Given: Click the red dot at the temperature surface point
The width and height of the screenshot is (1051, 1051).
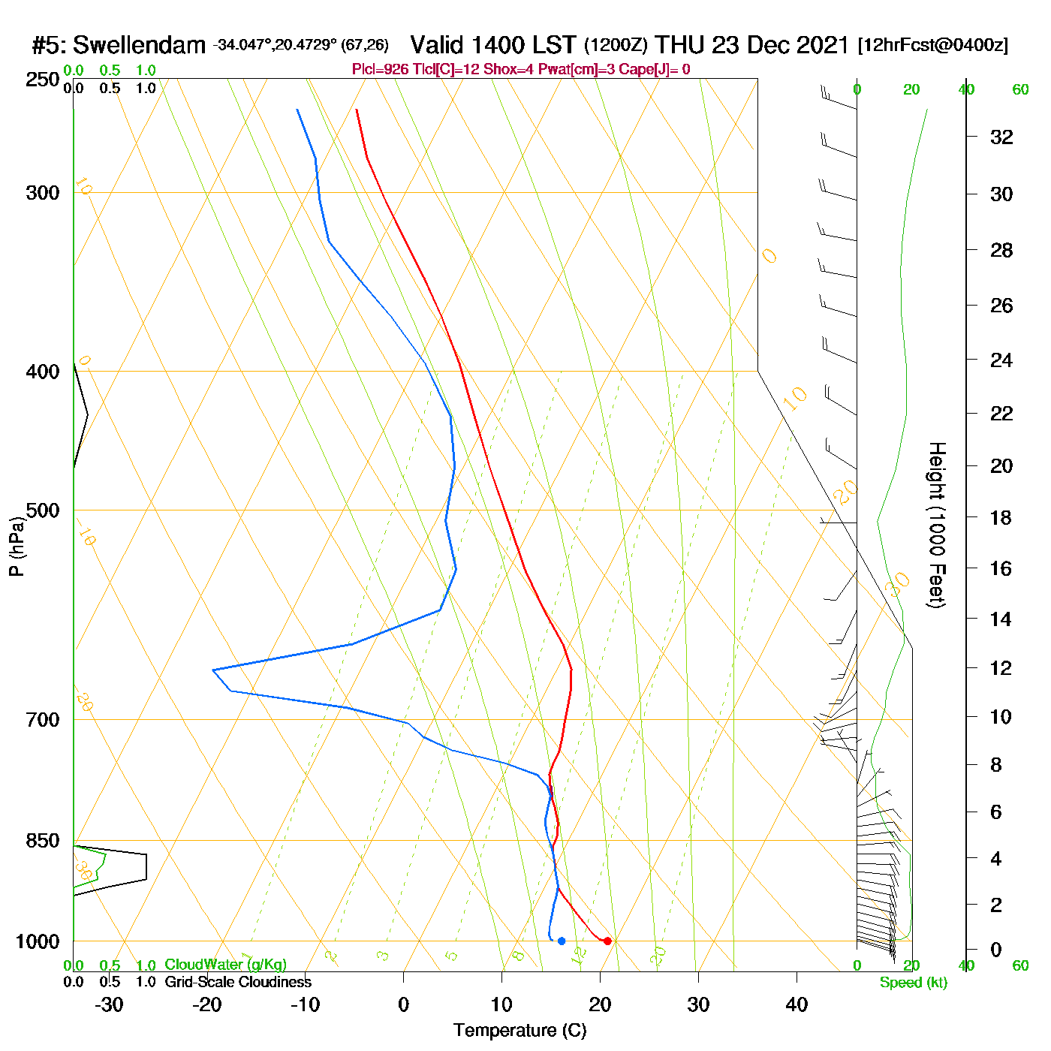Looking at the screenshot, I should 607,941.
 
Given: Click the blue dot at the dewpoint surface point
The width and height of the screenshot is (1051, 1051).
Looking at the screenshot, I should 562,941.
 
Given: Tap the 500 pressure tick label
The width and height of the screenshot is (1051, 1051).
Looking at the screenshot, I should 43,510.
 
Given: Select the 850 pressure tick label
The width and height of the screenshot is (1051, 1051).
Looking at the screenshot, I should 43,841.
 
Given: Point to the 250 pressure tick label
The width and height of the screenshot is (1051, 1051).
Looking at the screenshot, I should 43,80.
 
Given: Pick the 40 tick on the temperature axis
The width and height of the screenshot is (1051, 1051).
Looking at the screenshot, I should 797,1004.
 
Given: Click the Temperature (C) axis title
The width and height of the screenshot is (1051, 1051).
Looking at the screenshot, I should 519,1031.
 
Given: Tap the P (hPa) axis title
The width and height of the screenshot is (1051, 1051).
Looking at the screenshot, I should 17,546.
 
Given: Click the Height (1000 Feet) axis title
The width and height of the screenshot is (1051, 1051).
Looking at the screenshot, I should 937,525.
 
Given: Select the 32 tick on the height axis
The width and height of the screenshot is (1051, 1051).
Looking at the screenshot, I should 1001,137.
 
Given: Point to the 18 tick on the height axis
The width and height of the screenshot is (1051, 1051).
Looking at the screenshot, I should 1001,517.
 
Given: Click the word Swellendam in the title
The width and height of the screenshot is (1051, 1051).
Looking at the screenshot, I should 139,46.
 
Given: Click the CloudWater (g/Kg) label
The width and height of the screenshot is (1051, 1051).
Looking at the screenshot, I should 225,965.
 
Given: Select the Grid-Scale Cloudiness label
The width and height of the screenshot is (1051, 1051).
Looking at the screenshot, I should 238,982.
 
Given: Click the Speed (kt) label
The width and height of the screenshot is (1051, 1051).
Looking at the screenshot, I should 914,983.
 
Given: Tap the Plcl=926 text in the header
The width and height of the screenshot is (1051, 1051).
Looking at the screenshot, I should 380,69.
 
